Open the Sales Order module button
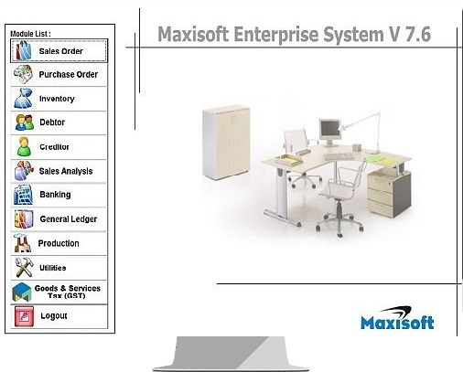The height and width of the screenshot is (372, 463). point(59,51)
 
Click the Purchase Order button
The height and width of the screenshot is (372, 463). point(59,75)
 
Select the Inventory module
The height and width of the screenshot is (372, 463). point(59,99)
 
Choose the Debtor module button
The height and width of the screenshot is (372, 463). point(59,122)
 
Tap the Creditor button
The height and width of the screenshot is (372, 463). point(59,147)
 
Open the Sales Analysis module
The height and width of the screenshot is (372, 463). point(59,171)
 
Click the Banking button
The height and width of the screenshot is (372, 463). point(59,195)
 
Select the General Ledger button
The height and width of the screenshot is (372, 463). point(59,219)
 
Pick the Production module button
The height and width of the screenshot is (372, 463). point(59,243)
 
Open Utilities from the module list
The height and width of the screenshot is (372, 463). point(59,268)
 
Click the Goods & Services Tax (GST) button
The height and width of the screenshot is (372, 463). point(59,292)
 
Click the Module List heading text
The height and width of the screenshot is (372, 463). point(30,34)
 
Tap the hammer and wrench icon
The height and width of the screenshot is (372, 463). point(24,267)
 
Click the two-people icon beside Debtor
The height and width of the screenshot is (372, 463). point(25,122)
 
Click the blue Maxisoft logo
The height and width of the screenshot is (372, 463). point(397,318)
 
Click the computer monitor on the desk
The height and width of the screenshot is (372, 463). point(329,133)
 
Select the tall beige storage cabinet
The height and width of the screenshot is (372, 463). point(226,143)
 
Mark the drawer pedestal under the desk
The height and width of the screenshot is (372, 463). point(389,194)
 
